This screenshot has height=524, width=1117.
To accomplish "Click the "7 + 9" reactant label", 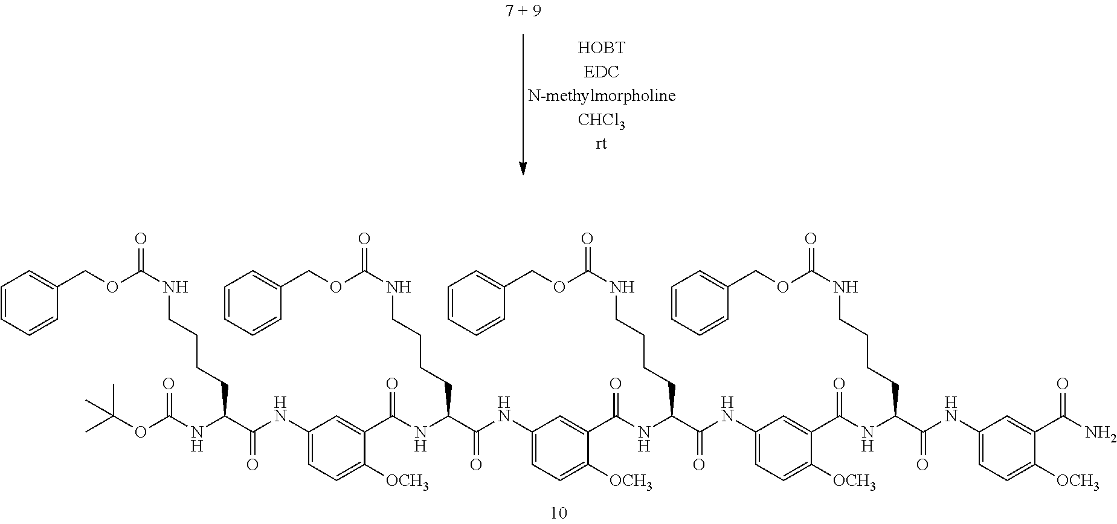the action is (x=523, y=13).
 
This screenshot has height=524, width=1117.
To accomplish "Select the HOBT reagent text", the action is (x=601, y=48).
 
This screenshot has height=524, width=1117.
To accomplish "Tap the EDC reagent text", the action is (x=601, y=72).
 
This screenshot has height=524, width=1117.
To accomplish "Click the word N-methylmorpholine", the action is (x=601, y=96).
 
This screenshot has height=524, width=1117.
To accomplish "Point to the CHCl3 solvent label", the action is (x=601, y=120).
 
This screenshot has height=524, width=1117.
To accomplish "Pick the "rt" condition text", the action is (x=601, y=144).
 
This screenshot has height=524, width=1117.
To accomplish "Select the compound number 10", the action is (x=559, y=513).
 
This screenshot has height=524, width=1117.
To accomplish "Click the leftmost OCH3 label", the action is (x=408, y=482).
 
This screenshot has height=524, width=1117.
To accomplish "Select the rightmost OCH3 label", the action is (x=1077, y=482).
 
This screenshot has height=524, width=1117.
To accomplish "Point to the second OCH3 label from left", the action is (x=631, y=482).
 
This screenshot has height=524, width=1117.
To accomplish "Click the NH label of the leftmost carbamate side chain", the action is (x=175, y=287).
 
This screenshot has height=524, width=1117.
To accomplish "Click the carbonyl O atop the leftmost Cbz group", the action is (x=141, y=239).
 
